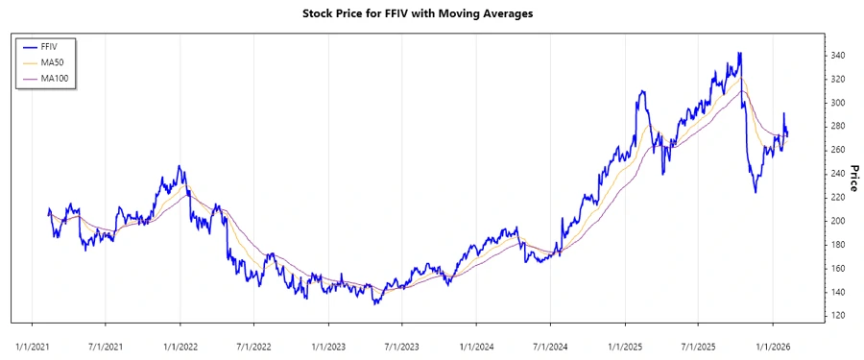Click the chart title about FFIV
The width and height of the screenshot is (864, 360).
coord(431,13)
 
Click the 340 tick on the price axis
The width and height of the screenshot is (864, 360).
coord(839,56)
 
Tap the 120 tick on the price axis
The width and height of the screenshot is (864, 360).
coord(839,316)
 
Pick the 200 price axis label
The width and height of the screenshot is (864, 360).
coord(839,221)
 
